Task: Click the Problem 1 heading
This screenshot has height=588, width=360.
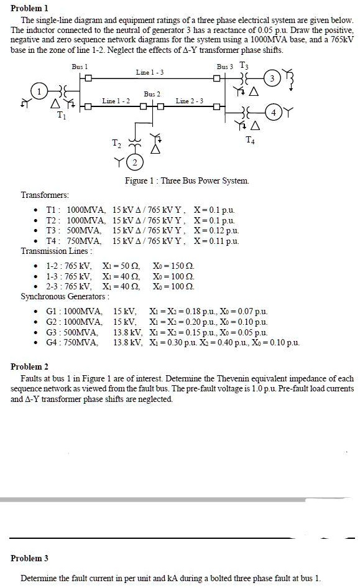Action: pyautogui.click(x=29, y=8)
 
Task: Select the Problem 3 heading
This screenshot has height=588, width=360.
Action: pyautogui.click(x=29, y=558)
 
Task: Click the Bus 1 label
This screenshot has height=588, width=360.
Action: pyautogui.click(x=80, y=66)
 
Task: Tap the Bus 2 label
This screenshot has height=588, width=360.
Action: pyautogui.click(x=152, y=94)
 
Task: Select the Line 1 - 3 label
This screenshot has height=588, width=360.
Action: pyautogui.click(x=149, y=73)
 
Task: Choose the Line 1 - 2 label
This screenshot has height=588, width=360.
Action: pyautogui.click(x=116, y=101)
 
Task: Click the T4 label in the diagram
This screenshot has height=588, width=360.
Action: pyautogui.click(x=250, y=138)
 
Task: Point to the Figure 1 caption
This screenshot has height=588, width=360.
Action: pyautogui.click(x=187, y=180)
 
